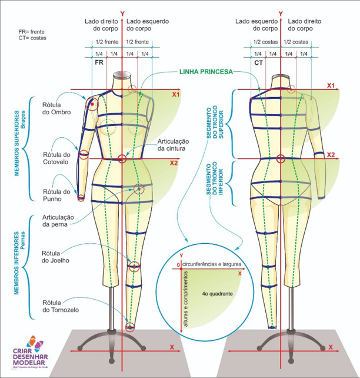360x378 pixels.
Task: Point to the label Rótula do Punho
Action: point(56,195)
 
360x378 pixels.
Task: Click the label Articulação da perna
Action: point(58,220)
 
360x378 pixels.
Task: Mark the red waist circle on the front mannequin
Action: point(122,158)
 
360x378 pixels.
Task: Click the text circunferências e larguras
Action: point(211,266)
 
